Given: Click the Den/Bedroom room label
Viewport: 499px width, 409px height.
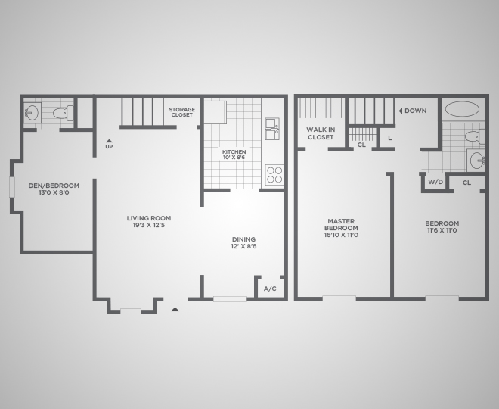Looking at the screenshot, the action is (x=54, y=189).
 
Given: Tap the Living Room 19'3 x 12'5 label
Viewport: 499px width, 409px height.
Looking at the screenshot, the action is (x=149, y=222).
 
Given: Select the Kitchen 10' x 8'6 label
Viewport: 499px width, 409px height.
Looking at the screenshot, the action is (x=234, y=155).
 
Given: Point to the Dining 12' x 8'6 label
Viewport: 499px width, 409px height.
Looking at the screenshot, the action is (x=243, y=242).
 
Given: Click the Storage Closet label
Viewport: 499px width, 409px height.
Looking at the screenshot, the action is (x=182, y=112).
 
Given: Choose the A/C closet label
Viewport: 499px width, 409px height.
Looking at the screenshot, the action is (x=270, y=289).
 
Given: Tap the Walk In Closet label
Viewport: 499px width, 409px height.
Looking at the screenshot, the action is (x=321, y=133).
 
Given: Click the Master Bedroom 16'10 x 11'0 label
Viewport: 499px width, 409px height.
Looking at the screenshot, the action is (x=341, y=228).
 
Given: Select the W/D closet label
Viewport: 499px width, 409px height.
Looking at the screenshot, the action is (x=435, y=182).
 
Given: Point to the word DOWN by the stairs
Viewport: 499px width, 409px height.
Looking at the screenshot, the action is (x=415, y=111).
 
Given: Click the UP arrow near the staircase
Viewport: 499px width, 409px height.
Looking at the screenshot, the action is (x=109, y=141).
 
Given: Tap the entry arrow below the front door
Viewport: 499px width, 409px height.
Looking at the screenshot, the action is (x=175, y=309).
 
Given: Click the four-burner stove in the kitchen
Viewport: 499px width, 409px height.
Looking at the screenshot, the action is (x=274, y=175).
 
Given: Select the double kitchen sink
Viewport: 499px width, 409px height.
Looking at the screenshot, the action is (x=272, y=129).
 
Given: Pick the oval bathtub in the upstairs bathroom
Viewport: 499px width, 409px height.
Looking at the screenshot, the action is (x=462, y=109).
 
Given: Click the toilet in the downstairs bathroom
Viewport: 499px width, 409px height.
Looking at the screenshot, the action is (x=63, y=113).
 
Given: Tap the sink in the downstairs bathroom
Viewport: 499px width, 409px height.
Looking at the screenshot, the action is (x=33, y=113).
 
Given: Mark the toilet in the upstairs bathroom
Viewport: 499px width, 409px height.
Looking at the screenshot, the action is (x=475, y=136).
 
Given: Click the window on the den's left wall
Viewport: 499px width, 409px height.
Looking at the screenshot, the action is (x=12, y=187).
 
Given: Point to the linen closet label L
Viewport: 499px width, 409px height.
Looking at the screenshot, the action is (x=390, y=139).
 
